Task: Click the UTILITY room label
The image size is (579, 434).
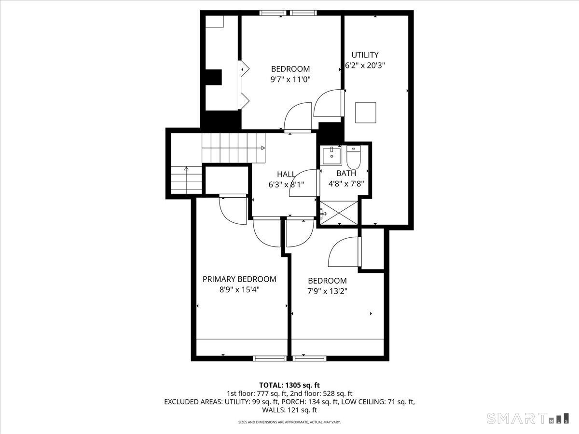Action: [x=365, y=55]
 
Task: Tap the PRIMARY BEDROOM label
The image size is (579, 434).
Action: [x=239, y=279]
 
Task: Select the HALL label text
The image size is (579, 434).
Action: [x=286, y=174]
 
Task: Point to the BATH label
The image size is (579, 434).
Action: [x=346, y=173]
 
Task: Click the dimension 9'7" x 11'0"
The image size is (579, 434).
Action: [x=290, y=79]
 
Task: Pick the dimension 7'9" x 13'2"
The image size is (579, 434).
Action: [x=327, y=291]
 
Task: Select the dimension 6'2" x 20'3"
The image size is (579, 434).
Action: [x=365, y=66]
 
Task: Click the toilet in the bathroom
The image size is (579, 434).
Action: [x=354, y=157]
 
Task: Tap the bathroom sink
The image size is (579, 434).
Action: [x=332, y=156]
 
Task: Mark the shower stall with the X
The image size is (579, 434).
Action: [x=339, y=213]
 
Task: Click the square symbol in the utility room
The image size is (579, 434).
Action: [x=366, y=113]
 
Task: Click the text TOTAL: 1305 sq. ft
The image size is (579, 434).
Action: [x=289, y=385]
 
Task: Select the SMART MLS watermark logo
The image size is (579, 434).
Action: [x=527, y=419]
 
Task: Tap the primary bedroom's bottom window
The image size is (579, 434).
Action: [x=270, y=358]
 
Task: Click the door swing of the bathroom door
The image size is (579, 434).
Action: [x=303, y=183]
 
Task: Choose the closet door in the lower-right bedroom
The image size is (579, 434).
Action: [x=345, y=252]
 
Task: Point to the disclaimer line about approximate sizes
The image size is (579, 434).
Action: [x=289, y=422]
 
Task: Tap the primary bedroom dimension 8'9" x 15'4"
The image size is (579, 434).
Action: [x=239, y=290]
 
